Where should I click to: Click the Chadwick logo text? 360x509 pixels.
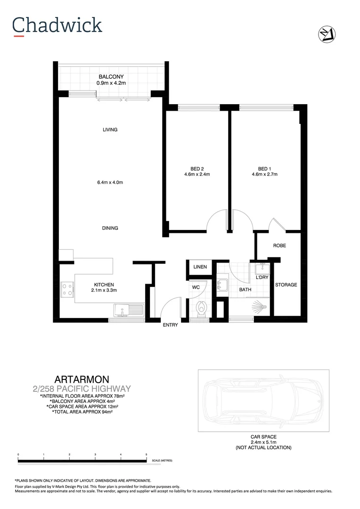click(x=57, y=25)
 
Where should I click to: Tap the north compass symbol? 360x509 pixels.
click(x=326, y=34)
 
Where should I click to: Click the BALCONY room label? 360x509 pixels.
click(x=111, y=77)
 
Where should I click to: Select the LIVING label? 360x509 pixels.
click(x=110, y=130)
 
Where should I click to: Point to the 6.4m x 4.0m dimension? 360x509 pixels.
click(x=110, y=182)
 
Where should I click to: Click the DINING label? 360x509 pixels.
click(x=110, y=228)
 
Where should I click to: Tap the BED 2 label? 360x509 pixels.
click(x=197, y=169)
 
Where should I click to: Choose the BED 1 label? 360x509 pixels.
click(x=264, y=169)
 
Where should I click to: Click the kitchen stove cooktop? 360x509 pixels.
click(x=67, y=289)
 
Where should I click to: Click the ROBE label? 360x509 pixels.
click(x=279, y=246)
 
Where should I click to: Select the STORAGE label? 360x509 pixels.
click(x=286, y=285)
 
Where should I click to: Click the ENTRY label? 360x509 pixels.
click(x=170, y=325)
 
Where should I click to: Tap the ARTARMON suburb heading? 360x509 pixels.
click(x=82, y=379)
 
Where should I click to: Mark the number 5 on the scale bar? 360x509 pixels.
click(x=147, y=455)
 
